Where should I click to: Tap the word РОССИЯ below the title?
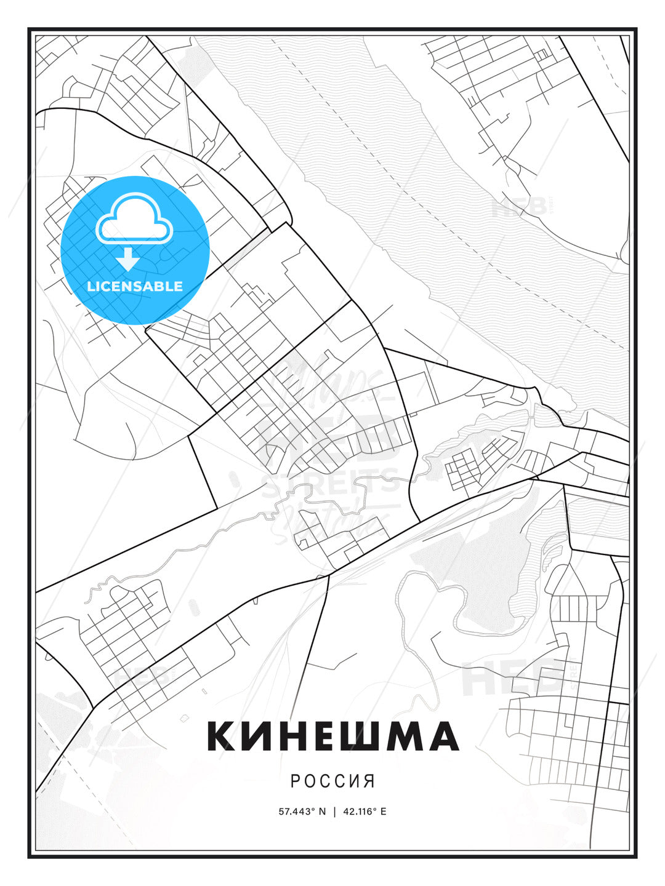332,781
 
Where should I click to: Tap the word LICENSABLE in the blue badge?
135,286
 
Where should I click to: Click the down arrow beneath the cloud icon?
128,260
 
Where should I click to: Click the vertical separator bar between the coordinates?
334,812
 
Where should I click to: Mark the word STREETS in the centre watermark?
331,481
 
